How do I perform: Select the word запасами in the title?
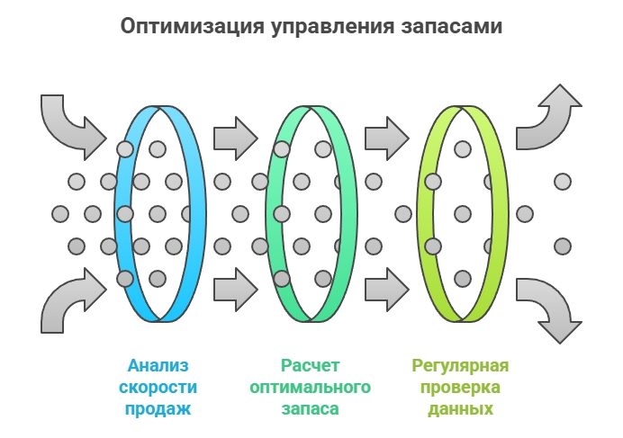(x=449, y=26)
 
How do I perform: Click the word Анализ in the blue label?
(x=159, y=366)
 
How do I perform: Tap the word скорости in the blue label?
(x=159, y=388)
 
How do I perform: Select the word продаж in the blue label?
(x=159, y=409)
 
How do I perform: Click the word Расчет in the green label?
(x=310, y=366)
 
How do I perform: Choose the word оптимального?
(x=310, y=388)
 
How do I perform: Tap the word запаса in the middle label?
(x=310, y=409)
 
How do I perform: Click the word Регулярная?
(x=460, y=366)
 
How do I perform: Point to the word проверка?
(x=460, y=388)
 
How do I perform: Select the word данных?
(x=460, y=409)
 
